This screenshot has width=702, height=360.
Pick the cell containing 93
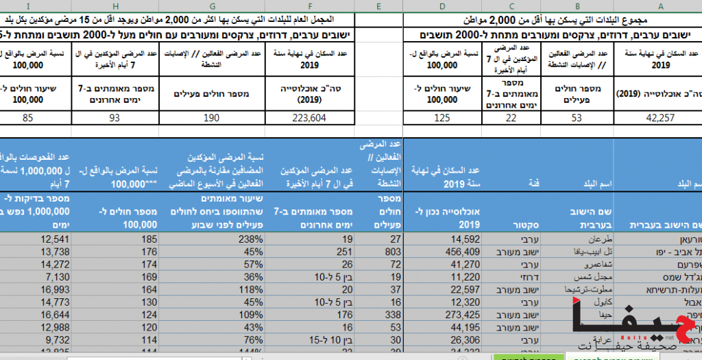114,117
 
